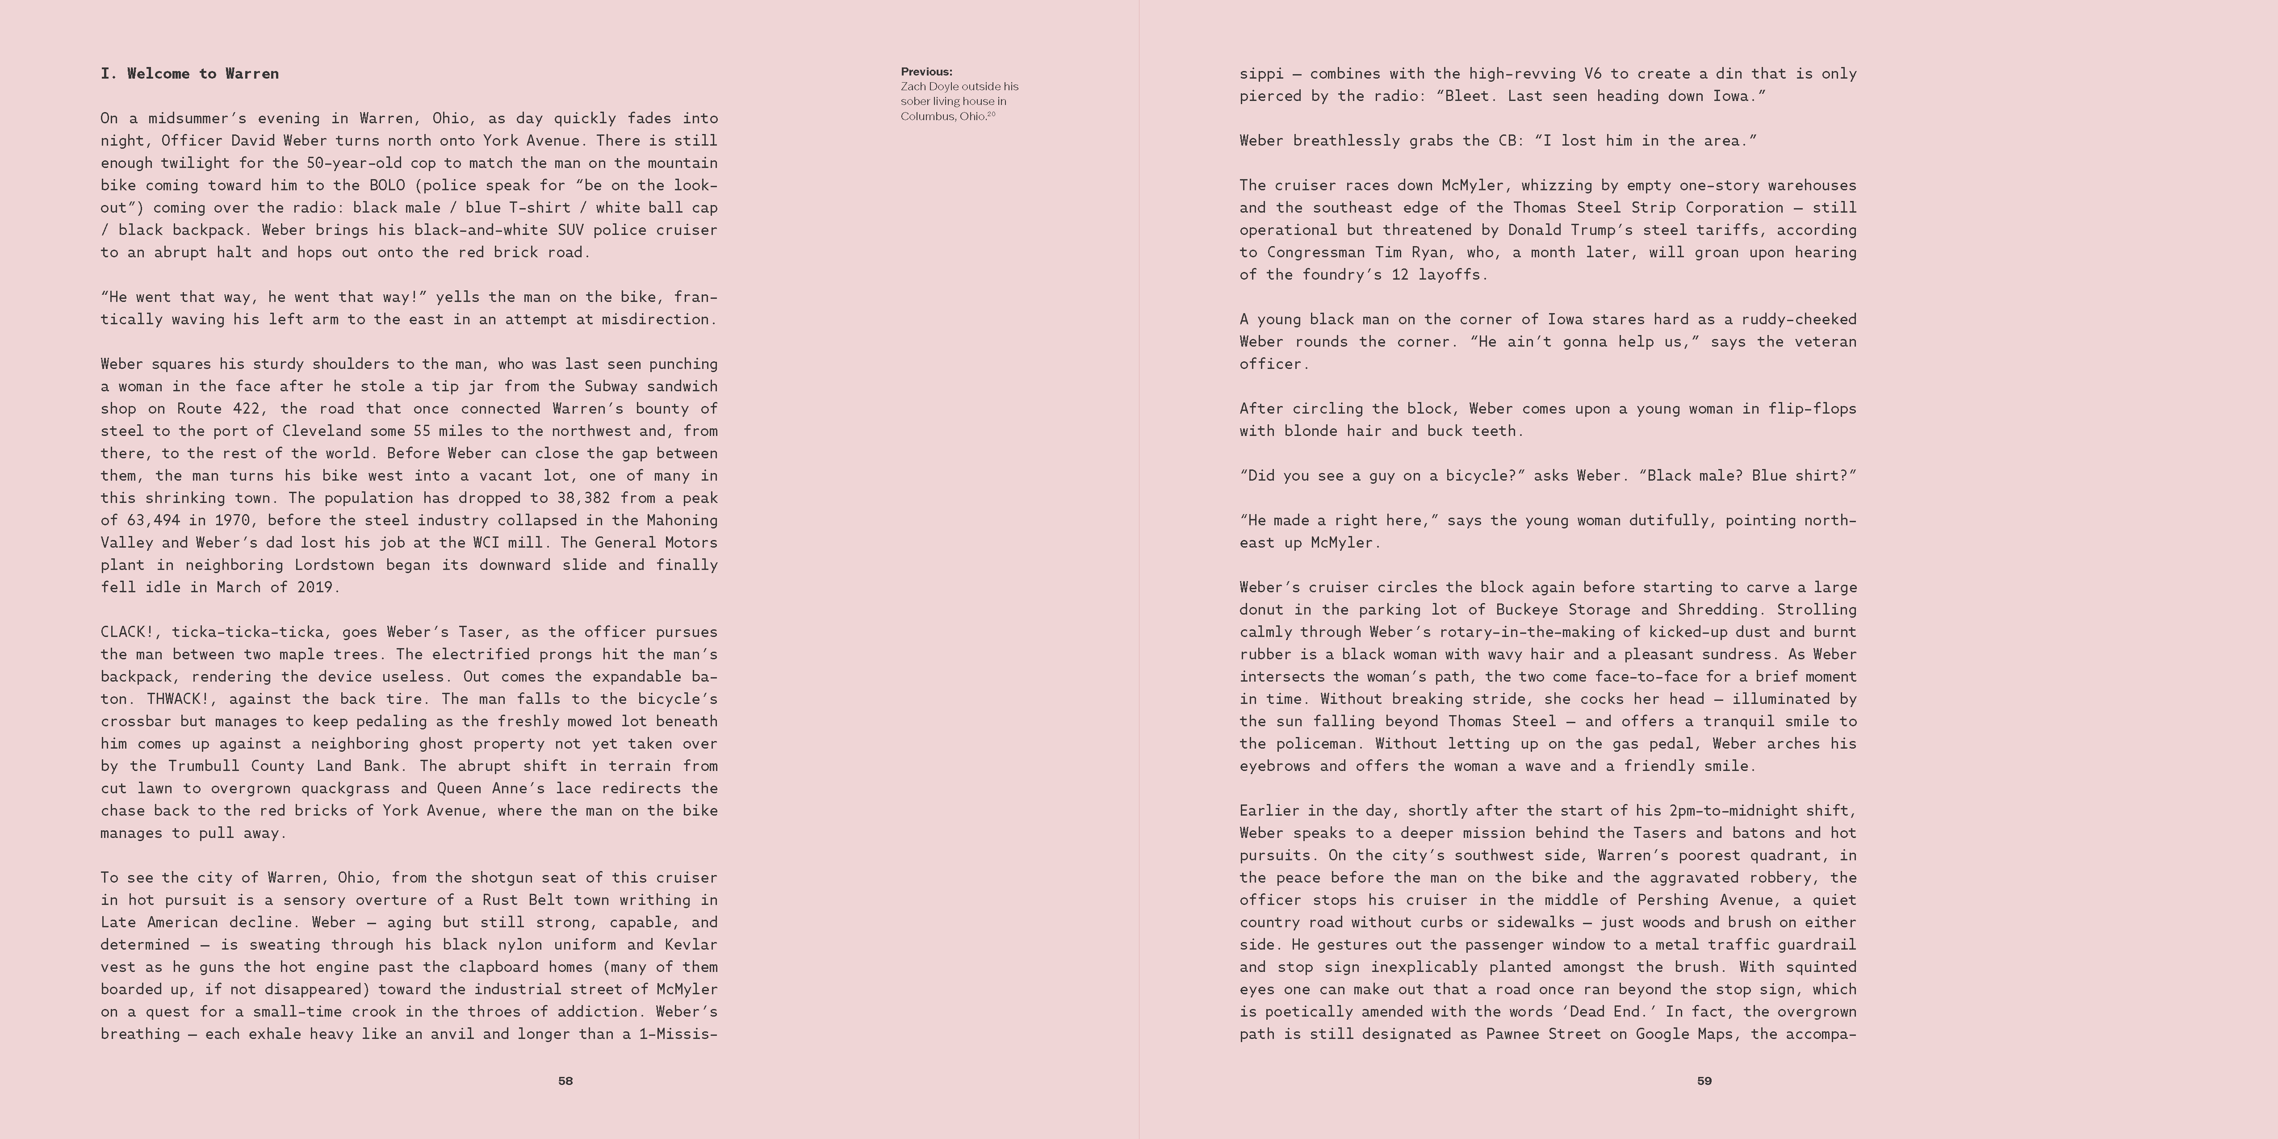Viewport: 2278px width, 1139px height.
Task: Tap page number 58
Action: click(565, 1080)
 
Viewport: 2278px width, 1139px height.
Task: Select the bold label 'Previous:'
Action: click(926, 71)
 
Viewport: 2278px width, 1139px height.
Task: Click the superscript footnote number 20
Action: click(991, 114)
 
